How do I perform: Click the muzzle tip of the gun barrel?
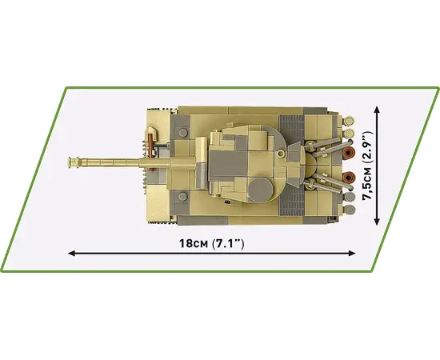tap(69, 162)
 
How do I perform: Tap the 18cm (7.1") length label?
tap(212, 243)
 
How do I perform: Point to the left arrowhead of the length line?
tap(72, 254)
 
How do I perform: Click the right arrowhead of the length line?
tap(352, 254)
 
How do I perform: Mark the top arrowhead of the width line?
tap(377, 110)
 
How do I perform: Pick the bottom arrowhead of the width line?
tap(377, 222)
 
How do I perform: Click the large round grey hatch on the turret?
tap(261, 190)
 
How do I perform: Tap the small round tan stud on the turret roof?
tap(280, 154)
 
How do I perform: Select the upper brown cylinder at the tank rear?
tap(350, 153)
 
